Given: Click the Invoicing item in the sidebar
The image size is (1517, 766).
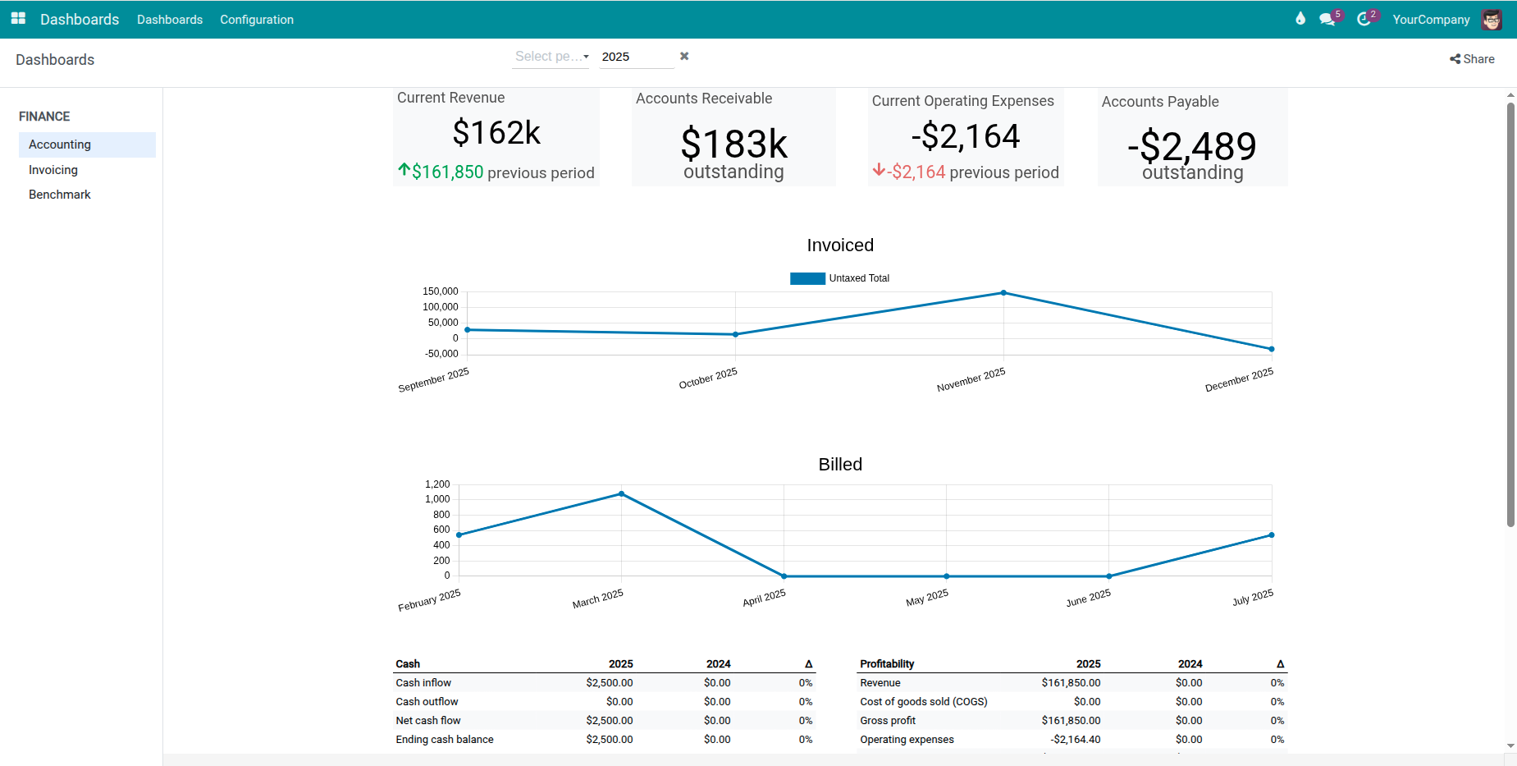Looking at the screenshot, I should pos(53,170).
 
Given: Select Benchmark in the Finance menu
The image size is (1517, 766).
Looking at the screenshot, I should pos(60,195).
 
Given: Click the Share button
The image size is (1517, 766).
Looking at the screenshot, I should pos(1472,59).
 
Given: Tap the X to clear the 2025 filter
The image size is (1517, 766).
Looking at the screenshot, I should pos(684,56).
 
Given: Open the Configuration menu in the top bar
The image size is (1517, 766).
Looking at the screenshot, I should pos(256,20).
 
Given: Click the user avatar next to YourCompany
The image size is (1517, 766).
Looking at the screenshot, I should pos(1491,20).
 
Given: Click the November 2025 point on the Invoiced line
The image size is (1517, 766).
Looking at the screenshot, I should pos(1003,293).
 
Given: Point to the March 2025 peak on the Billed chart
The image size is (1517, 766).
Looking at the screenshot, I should pos(621,494).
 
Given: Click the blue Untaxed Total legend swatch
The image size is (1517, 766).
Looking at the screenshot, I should pos(807,278).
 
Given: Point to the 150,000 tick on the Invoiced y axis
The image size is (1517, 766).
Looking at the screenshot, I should pos(441,291).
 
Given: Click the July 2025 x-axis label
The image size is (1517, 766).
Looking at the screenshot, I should pos(1253,597).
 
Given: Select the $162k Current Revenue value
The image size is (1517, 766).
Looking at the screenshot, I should pos(496,133).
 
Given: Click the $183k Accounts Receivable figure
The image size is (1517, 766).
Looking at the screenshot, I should pos(733,144).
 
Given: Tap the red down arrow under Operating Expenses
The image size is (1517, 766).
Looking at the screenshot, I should pos(879,170).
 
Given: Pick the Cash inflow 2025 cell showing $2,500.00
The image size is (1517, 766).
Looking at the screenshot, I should pos(609,683).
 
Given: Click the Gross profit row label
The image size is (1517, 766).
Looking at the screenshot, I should pos(888,721).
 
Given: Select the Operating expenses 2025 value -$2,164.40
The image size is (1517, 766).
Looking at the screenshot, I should pos(1075,740).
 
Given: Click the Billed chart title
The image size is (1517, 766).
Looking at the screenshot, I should pos(840,465).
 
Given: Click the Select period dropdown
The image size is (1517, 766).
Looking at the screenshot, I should pos(551,57).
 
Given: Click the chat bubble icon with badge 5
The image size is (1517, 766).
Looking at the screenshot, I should pos(1327,20).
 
